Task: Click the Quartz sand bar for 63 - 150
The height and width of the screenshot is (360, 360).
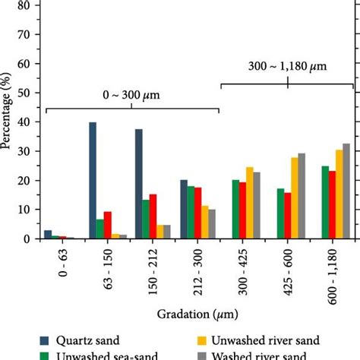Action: (93, 180)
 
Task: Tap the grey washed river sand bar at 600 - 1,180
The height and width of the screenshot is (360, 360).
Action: (346, 191)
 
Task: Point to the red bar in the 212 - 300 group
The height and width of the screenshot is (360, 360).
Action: (198, 213)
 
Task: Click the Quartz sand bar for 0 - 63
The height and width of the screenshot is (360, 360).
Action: (48, 234)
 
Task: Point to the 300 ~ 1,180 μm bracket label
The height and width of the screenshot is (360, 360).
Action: (288, 66)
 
